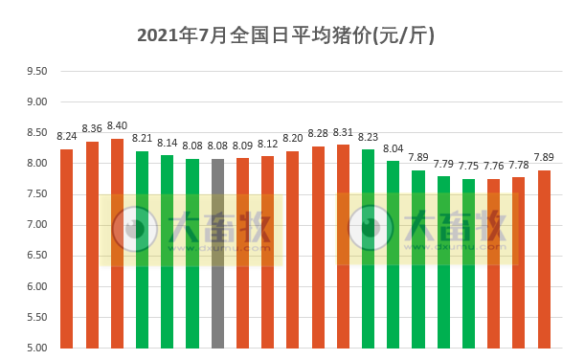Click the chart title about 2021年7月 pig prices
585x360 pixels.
(x=286, y=36)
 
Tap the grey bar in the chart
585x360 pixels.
(x=217, y=253)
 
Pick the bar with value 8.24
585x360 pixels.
(x=67, y=248)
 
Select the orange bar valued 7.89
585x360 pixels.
(x=544, y=259)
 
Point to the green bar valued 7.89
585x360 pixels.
(x=418, y=259)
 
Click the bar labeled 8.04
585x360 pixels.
(x=393, y=254)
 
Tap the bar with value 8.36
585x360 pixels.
(x=92, y=244)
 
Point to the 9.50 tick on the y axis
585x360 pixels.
(x=36, y=71)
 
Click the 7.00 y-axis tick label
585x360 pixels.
(x=36, y=225)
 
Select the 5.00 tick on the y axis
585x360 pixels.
(x=36, y=348)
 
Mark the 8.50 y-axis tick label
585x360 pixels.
(x=36, y=132)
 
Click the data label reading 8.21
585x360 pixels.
(x=142, y=139)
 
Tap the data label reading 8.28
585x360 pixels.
(x=318, y=134)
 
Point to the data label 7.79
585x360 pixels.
(x=443, y=164)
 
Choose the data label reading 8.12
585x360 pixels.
(x=267, y=145)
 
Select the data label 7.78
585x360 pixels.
(x=518, y=165)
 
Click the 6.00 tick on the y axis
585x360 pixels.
(x=36, y=286)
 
